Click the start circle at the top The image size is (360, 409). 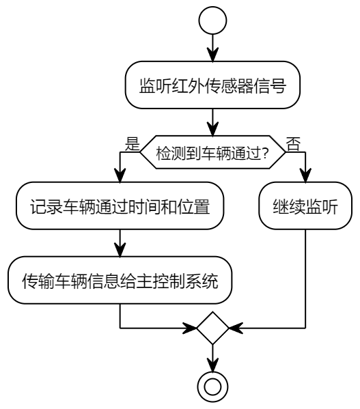point(213,22)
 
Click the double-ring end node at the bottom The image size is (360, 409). point(213,386)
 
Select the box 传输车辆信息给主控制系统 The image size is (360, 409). point(120,280)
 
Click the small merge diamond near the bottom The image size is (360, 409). point(213,328)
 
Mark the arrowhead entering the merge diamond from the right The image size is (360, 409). point(234,328)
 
